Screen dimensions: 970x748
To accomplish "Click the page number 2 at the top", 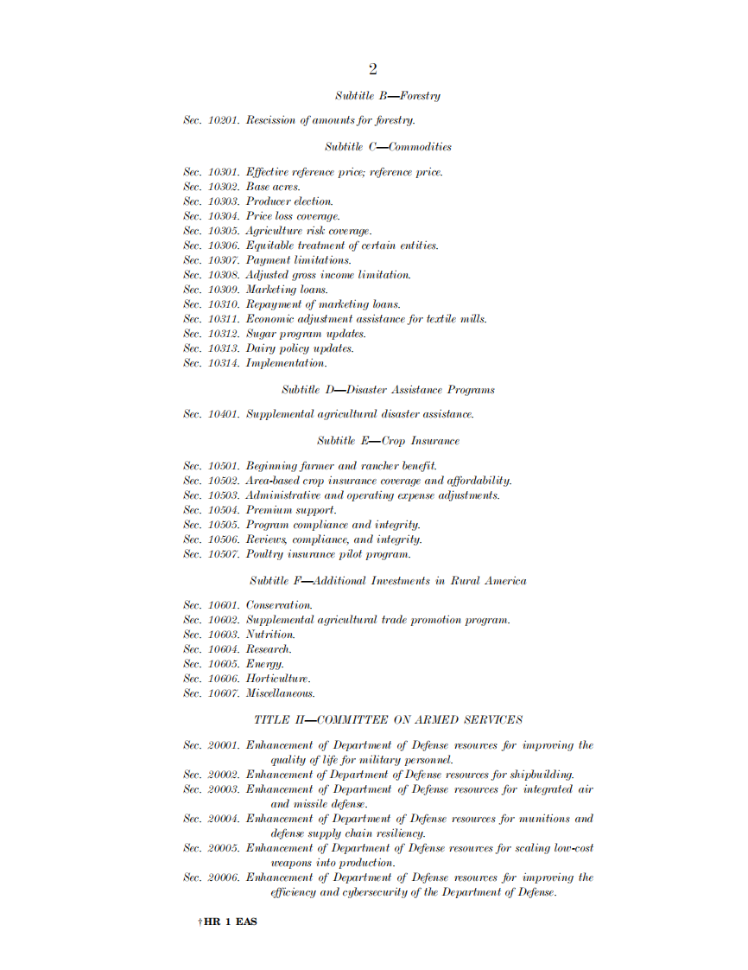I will coord(372,70).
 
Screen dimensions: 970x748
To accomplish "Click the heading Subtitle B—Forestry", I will coord(388,96).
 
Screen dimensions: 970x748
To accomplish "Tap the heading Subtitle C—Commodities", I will coord(388,147).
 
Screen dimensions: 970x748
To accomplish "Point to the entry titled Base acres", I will coord(273,187).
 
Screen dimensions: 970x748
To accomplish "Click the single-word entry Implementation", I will coord(286,363).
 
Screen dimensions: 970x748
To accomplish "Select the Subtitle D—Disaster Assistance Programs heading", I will coord(388,390).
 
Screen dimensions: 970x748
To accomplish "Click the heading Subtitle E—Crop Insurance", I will coord(388,441).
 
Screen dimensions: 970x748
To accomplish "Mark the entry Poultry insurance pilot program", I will coord(328,554).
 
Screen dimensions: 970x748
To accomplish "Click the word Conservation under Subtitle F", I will coord(279,605).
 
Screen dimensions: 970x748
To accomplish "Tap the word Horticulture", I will coord(278,679).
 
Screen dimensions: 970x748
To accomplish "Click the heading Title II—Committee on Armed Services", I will coord(388,719).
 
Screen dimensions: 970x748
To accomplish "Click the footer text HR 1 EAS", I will coord(230,922).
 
